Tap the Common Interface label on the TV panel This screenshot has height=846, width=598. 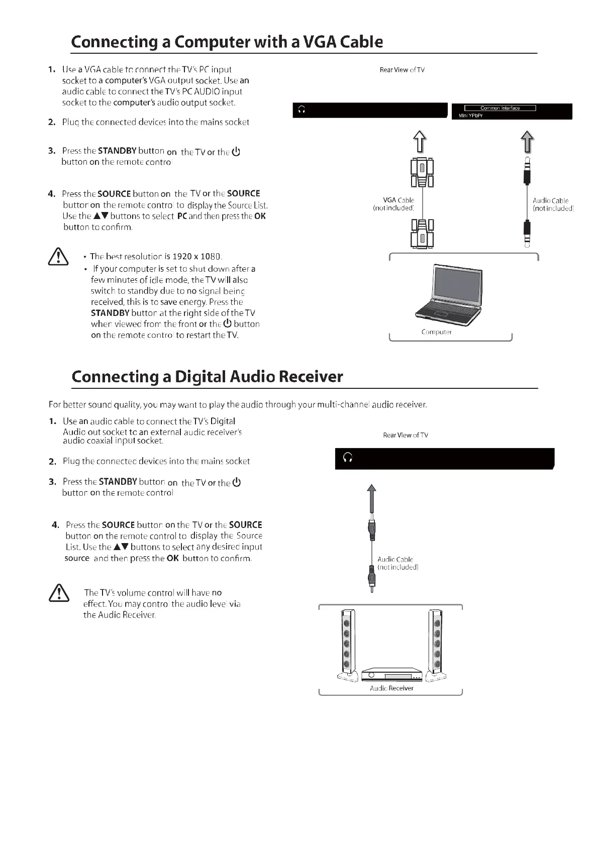coord(500,108)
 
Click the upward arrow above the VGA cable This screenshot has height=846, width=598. coord(420,141)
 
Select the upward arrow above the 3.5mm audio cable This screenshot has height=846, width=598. coord(527,141)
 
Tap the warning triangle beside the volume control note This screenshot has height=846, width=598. coord(59,593)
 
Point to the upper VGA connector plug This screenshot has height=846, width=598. coord(422,172)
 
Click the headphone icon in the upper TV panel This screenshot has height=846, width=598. coord(302,110)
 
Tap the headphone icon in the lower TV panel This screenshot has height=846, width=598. coord(347,458)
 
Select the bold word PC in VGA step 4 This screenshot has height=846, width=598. coord(182,216)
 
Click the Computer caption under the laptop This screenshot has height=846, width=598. coord(436,332)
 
